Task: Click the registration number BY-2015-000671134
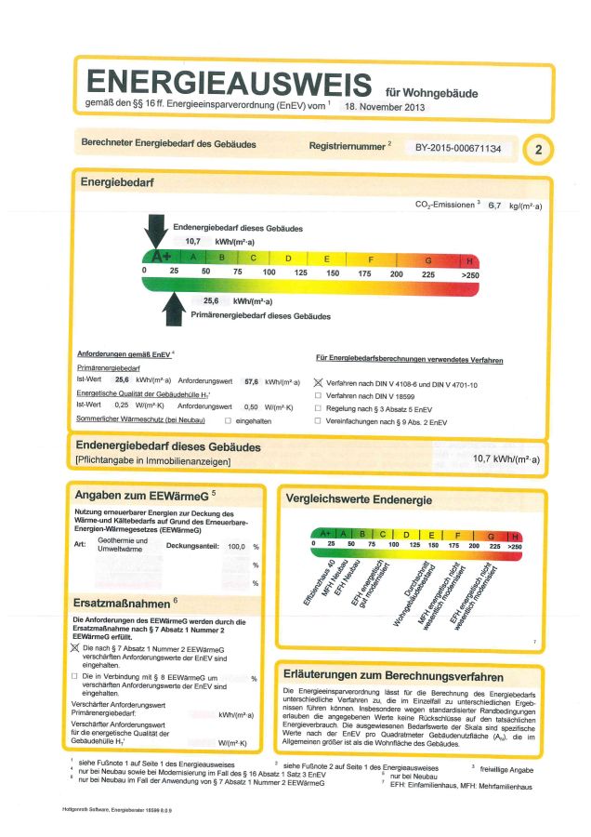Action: pos(457,148)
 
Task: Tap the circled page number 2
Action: pos(539,149)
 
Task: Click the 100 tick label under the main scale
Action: pos(269,272)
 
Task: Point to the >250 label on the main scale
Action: pos(470,274)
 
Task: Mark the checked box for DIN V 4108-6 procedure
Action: pos(319,382)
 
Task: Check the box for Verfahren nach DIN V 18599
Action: pos(319,395)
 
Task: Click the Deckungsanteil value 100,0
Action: pos(237,547)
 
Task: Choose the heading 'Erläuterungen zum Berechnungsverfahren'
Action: pos(395,676)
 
